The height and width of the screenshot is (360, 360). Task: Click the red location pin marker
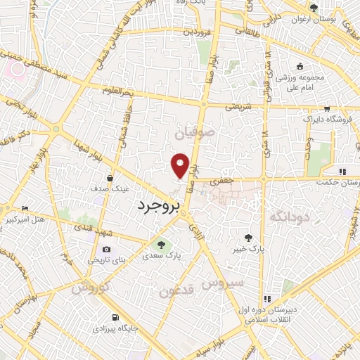click(181, 165)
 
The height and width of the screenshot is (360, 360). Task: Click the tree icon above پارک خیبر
click(248, 238)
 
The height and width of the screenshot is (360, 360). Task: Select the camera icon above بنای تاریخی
click(106, 249)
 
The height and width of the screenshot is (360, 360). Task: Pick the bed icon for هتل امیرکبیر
click(26, 209)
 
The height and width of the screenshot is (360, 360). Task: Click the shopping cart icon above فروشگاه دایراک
click(328, 108)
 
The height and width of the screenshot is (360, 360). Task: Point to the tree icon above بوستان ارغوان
click(314, 8)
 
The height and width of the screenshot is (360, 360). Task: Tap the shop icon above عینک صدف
click(110, 179)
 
